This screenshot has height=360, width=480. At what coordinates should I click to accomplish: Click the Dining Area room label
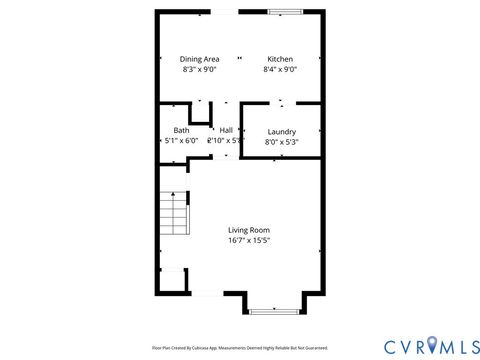199,59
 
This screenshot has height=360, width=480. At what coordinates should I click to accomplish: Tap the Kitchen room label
280,59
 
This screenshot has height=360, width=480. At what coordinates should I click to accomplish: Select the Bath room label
181,131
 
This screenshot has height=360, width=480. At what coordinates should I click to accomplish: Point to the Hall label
226,131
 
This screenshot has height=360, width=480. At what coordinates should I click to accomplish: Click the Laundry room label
281,132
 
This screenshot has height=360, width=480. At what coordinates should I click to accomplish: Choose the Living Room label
249,229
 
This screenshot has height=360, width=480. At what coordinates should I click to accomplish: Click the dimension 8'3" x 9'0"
199,70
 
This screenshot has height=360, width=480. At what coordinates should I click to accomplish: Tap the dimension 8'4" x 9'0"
280,70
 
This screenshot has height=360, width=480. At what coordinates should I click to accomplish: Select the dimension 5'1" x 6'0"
181,142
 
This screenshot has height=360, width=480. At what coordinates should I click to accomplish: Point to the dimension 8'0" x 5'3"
281,143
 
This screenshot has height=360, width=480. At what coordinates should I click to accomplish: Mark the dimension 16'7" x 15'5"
249,240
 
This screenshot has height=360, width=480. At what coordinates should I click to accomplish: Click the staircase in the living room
175,215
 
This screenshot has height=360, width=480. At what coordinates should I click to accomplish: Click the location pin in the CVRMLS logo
432,346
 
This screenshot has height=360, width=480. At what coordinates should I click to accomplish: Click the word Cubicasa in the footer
212,348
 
